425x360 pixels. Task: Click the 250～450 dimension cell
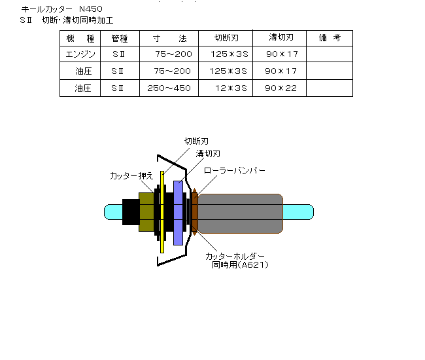[169, 88]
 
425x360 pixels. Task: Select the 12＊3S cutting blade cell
[231, 88]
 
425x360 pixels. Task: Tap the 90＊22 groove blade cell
[280, 88]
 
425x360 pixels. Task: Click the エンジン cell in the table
[80, 54]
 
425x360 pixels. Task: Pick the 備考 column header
[330, 38]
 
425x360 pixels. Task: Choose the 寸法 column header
[170, 38]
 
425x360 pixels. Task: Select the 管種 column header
[120, 39]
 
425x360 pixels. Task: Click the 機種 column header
[80, 39]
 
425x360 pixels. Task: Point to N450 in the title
[91, 9]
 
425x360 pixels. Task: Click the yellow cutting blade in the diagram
[162, 212]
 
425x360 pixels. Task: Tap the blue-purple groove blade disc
[178, 213]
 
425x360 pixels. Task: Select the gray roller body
[240, 213]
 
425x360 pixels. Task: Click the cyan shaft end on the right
[298, 212]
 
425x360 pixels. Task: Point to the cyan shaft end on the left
[113, 212]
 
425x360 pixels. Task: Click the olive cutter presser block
[146, 212]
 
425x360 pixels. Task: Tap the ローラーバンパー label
[235, 171]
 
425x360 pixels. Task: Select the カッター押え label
[131, 176]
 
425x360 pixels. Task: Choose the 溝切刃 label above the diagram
[208, 154]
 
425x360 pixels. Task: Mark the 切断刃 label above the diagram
[197, 141]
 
